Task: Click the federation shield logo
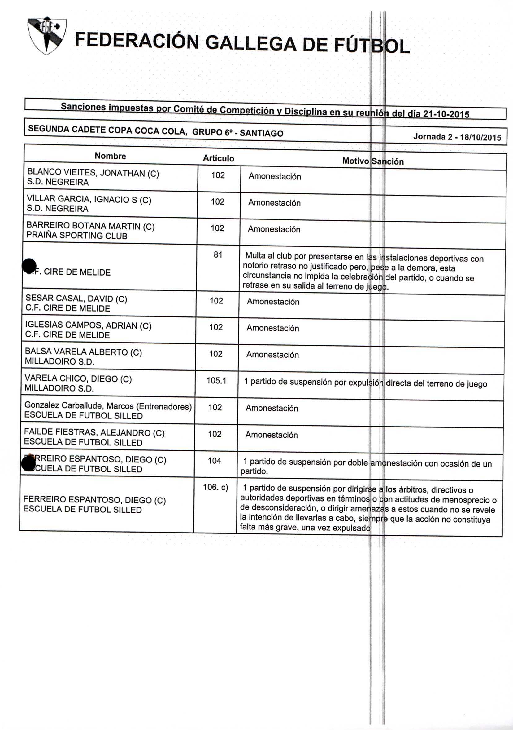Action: [47, 35]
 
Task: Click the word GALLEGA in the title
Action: [251, 44]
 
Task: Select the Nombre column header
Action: [110, 156]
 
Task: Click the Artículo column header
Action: [218, 158]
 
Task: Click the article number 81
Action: [218, 255]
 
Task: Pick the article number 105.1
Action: [216, 380]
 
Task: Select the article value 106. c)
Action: [215, 487]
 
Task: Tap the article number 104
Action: [215, 461]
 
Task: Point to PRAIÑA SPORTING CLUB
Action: [76, 236]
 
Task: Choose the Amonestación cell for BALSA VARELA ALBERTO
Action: [272, 355]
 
